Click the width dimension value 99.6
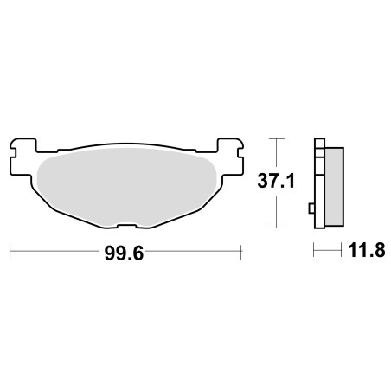(x=124, y=253)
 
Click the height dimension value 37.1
(x=276, y=182)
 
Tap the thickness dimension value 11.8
(x=367, y=250)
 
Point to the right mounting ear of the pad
(x=230, y=157)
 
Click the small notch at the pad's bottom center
(x=127, y=226)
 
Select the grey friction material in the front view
(x=126, y=187)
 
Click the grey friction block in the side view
(x=334, y=187)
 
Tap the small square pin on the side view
(x=311, y=208)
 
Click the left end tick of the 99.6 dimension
(x=10, y=252)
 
